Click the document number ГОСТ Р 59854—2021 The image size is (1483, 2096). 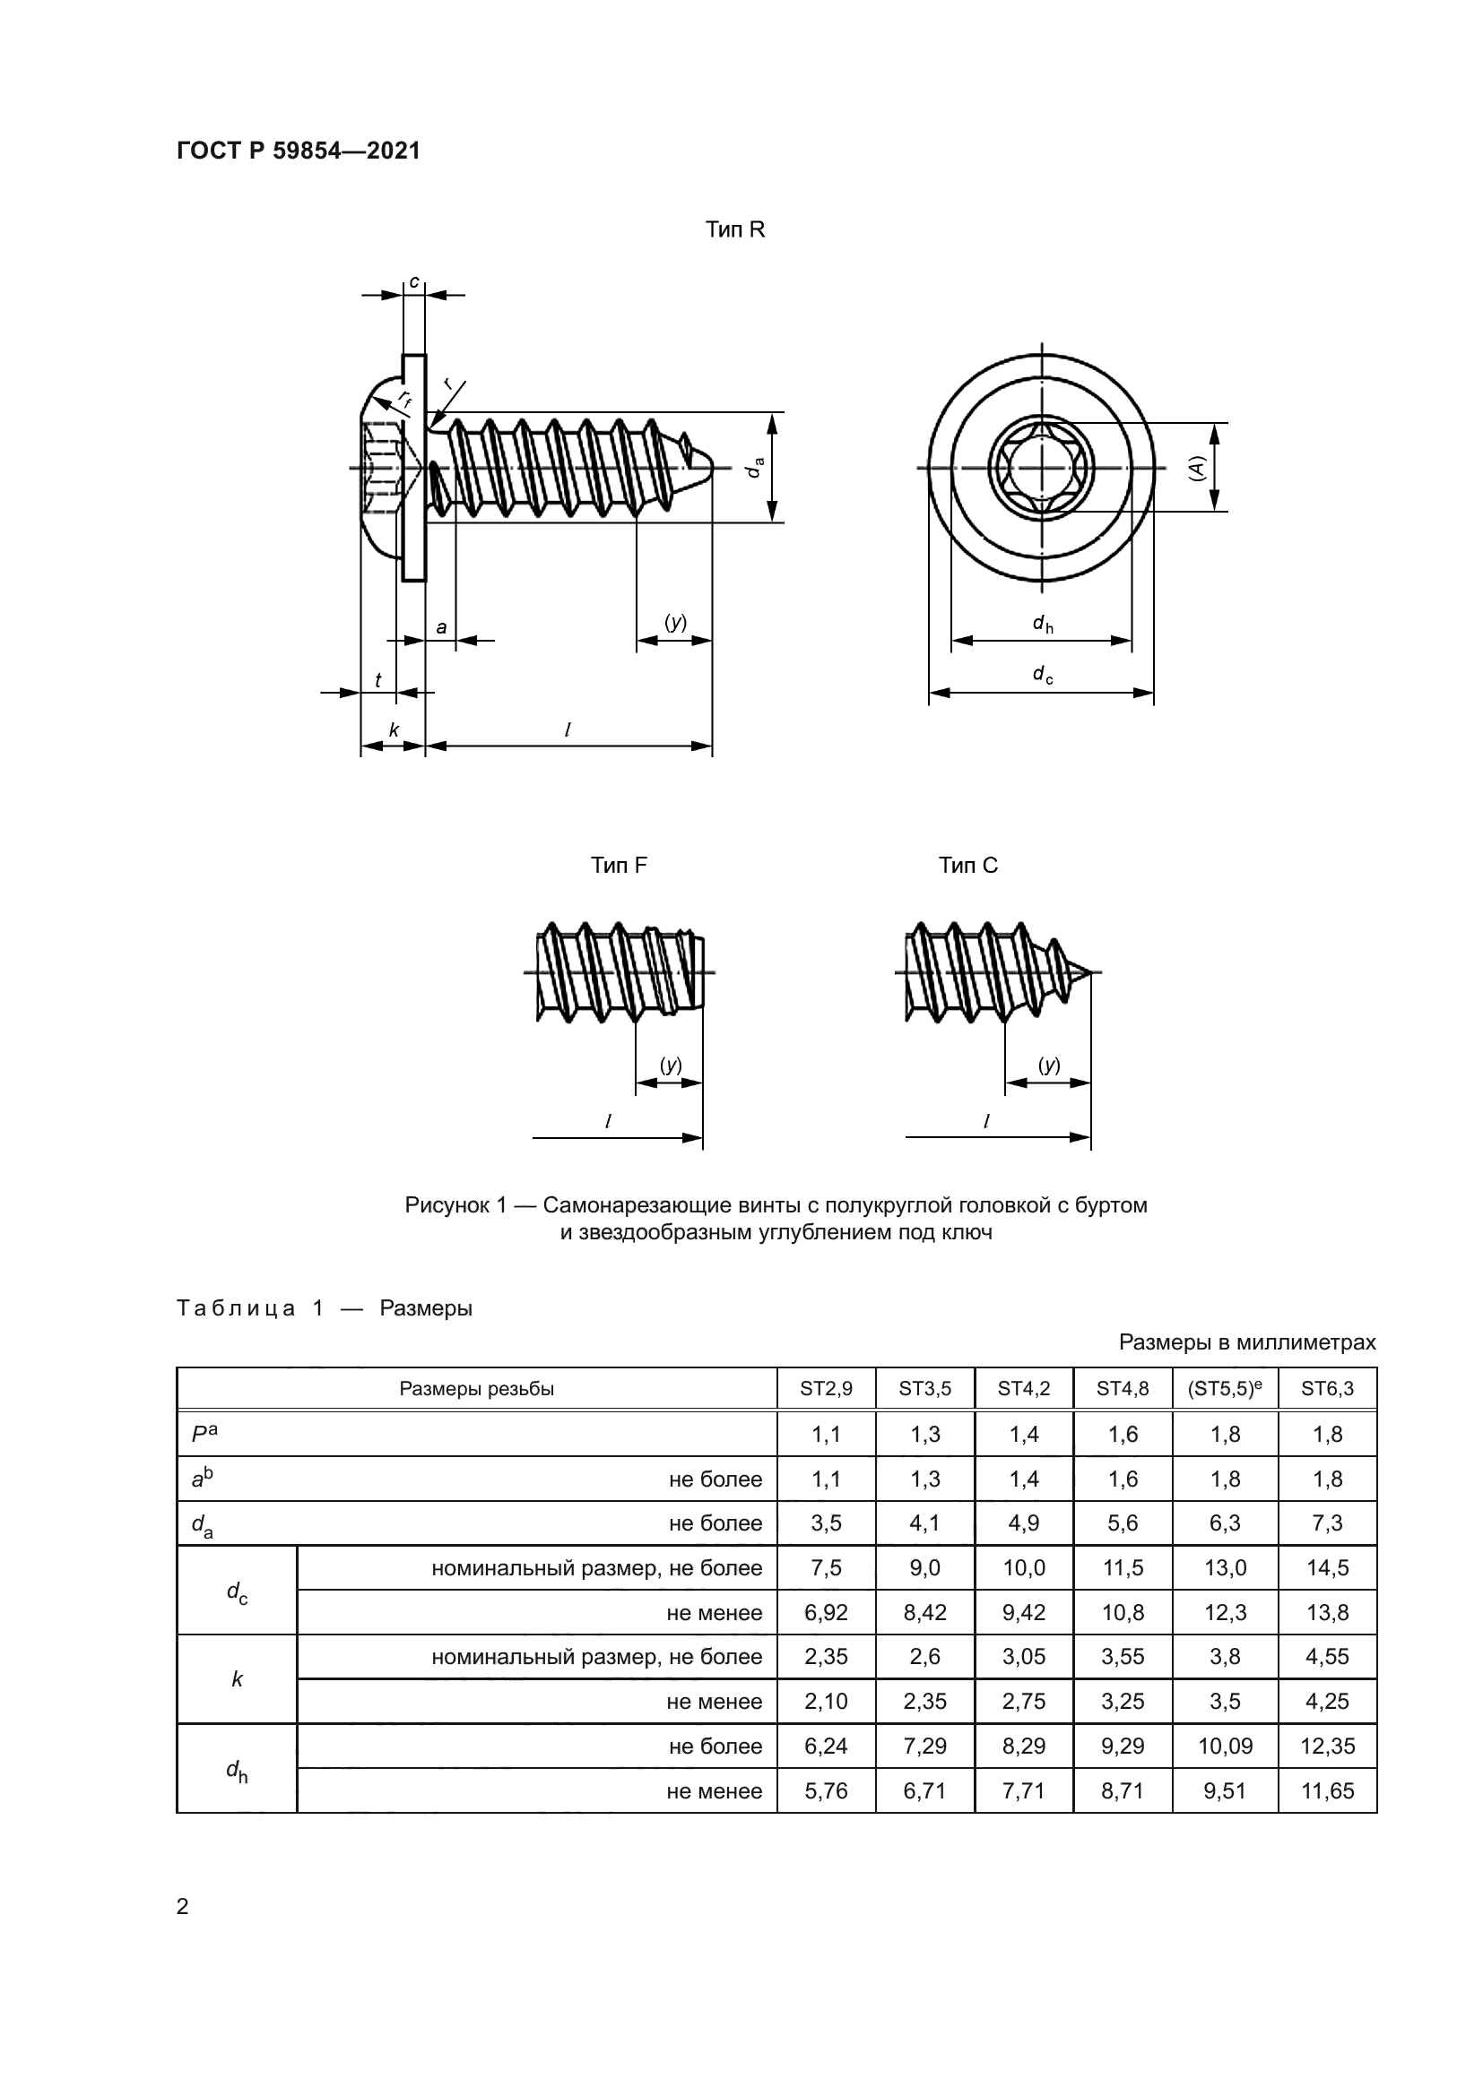pyautogui.click(x=298, y=151)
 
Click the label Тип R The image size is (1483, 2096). pyautogui.click(x=734, y=230)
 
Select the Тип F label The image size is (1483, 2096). pyautogui.click(x=619, y=865)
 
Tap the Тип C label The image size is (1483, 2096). pyautogui.click(x=968, y=865)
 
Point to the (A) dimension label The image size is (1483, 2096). pyautogui.click(x=1196, y=469)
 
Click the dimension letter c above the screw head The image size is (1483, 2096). pyautogui.click(x=413, y=282)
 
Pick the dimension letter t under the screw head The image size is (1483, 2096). pyautogui.click(x=378, y=680)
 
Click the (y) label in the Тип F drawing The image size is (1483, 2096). pyautogui.click(x=671, y=1065)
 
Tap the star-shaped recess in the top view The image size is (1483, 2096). pyautogui.click(x=1042, y=469)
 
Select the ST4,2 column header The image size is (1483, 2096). pyautogui.click(x=1024, y=1388)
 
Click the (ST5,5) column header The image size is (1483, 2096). pyautogui.click(x=1225, y=1388)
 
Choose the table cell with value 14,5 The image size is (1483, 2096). pyautogui.click(x=1327, y=1568)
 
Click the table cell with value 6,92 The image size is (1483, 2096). pyautogui.click(x=826, y=1612)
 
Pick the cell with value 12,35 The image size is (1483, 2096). pyautogui.click(x=1327, y=1747)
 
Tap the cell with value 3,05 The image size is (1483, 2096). pyautogui.click(x=1024, y=1657)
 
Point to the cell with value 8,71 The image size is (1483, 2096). pyautogui.click(x=1123, y=1791)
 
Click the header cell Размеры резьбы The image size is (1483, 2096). pyautogui.click(x=476, y=1388)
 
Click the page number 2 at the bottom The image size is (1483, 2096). pyautogui.click(x=183, y=1906)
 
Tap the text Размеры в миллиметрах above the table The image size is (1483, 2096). pyautogui.click(x=1246, y=1342)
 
